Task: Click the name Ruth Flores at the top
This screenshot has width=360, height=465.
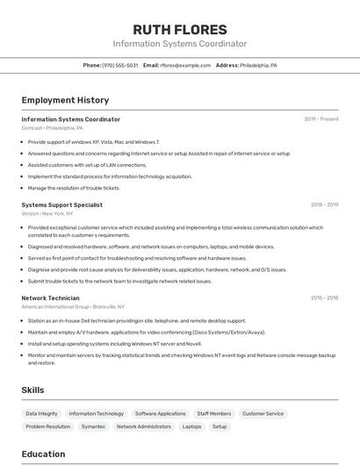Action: click(x=179, y=29)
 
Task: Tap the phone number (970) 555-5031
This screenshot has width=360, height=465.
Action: click(x=120, y=65)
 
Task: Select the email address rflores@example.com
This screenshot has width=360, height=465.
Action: click(x=185, y=65)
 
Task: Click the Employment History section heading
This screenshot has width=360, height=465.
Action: click(x=65, y=100)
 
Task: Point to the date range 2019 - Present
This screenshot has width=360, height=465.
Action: click(x=321, y=119)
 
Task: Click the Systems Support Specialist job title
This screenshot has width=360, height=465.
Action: click(x=61, y=204)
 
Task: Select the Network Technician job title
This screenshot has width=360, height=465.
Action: click(x=51, y=298)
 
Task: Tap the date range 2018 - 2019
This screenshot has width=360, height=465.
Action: click(x=324, y=204)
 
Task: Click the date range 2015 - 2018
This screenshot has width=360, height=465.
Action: click(x=324, y=298)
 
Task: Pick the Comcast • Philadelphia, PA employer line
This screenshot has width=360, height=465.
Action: click(x=52, y=128)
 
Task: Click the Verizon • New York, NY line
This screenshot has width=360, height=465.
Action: click(x=47, y=213)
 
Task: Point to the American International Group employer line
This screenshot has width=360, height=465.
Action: click(x=73, y=307)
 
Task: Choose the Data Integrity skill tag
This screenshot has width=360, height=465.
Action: click(x=41, y=413)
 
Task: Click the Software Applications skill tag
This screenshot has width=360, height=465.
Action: click(x=160, y=413)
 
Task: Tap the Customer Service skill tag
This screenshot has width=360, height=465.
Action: click(x=263, y=413)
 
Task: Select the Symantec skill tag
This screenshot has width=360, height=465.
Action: click(x=93, y=426)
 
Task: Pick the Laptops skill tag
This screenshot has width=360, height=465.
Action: click(x=191, y=426)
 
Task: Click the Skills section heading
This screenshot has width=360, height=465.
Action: click(x=32, y=390)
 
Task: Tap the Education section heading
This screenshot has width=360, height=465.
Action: click(x=43, y=454)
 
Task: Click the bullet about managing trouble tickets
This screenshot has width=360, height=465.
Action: click(x=74, y=188)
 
